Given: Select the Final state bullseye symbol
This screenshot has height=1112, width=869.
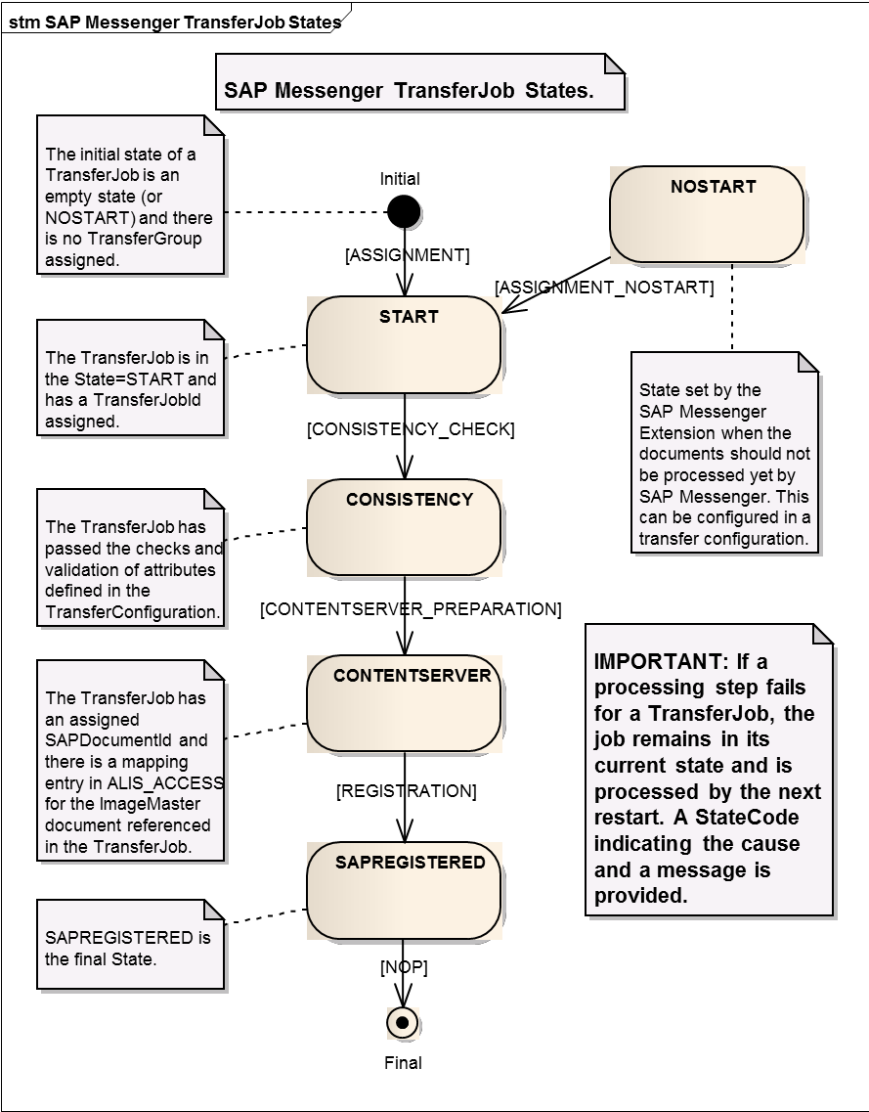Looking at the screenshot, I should [403, 1023].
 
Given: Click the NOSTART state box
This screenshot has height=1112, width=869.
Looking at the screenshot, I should [707, 214].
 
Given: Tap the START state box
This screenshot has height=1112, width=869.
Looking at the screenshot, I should [404, 345].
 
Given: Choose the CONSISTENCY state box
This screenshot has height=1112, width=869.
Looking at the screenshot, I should [404, 527].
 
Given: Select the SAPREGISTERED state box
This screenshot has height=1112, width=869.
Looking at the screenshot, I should [404, 891].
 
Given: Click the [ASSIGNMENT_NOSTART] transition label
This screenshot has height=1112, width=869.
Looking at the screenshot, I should [604, 288].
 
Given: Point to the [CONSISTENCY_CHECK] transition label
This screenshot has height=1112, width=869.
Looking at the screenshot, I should [411, 428].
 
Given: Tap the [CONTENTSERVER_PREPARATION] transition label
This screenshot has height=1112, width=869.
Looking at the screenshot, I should [411, 609].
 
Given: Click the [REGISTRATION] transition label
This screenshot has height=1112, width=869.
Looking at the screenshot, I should [407, 790].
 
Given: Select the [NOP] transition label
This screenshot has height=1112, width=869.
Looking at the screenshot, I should [404, 967].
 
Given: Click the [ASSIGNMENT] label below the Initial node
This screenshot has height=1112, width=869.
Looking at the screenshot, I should [408, 255].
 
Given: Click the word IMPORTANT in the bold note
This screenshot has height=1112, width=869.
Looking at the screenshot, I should [649, 661].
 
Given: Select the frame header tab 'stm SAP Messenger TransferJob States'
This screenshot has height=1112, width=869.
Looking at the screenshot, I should [175, 21].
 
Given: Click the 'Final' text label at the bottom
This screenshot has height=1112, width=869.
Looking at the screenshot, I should [403, 1062].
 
